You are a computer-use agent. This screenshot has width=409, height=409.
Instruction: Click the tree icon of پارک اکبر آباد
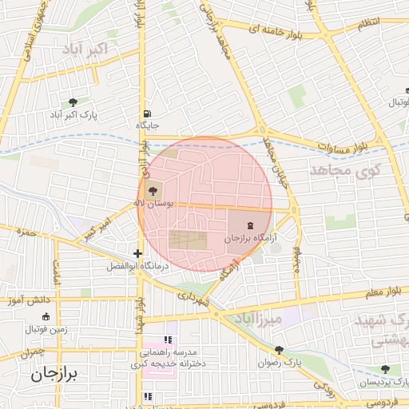coord(73,101)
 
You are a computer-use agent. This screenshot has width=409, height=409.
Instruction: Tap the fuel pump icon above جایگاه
coord(148,114)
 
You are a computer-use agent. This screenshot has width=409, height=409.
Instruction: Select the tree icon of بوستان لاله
coord(152,191)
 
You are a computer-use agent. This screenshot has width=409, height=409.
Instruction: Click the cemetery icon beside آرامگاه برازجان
coord(252,224)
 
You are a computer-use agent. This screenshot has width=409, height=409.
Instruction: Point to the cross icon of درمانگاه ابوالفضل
coord(138,253)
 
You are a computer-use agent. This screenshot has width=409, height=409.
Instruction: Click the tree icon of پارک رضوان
coord(279,349)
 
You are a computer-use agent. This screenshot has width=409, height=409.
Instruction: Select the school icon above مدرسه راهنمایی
coord(168,340)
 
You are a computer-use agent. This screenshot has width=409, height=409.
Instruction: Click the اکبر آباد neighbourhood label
coord(95,50)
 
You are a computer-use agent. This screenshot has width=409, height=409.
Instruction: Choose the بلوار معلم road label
coord(375,294)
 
